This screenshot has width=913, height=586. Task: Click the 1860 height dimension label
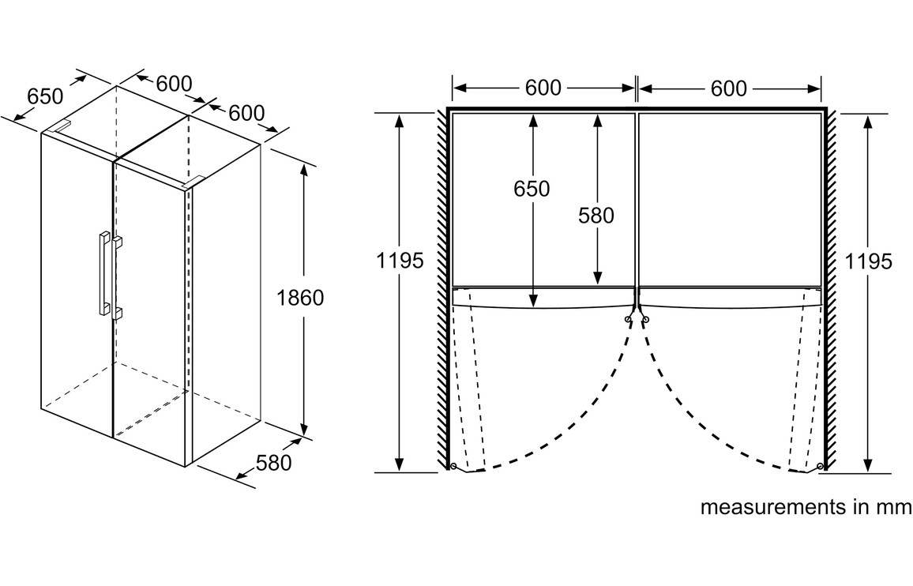[301, 298]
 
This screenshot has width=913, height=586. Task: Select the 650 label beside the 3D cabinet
[45, 96]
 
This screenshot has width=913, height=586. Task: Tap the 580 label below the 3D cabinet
[274, 462]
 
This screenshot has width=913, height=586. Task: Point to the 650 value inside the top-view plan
[532, 189]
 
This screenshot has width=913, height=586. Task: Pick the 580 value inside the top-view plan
[596, 214]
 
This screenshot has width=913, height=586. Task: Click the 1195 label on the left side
[400, 261]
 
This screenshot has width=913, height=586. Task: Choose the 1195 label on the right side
[869, 261]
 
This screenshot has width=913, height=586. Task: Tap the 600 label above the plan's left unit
[543, 88]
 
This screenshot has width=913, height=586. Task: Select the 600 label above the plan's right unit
[728, 88]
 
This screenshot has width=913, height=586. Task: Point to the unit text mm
[893, 507]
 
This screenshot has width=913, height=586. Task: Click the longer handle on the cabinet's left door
[103, 272]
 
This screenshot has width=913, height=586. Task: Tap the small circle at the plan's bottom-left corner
[452, 466]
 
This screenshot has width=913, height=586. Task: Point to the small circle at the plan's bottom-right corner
[821, 467]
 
